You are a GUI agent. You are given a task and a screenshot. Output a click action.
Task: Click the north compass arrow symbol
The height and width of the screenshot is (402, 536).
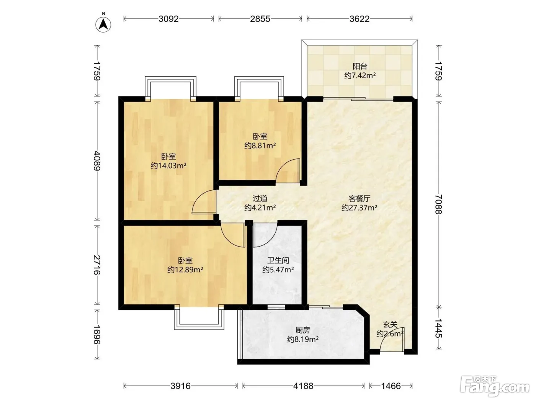(x=103, y=24)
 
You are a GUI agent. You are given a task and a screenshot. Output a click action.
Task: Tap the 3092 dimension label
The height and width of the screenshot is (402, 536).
(x=168, y=19)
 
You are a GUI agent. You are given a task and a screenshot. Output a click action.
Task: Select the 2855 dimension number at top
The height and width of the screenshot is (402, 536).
(x=260, y=19)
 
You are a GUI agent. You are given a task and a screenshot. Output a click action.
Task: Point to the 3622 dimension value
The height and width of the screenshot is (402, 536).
(x=360, y=19)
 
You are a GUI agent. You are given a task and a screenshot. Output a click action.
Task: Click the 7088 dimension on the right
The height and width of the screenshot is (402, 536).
(x=439, y=204)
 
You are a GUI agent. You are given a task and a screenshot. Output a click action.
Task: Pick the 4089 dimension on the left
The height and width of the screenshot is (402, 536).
(x=97, y=160)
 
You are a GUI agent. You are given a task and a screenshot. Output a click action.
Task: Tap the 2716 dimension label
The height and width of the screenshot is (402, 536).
(x=97, y=265)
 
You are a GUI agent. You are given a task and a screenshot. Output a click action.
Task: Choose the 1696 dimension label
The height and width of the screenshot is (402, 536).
(x=97, y=334)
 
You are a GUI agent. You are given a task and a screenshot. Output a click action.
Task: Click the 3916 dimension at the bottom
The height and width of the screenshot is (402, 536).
(x=180, y=386)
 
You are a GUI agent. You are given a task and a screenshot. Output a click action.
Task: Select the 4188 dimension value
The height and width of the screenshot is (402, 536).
(x=303, y=386)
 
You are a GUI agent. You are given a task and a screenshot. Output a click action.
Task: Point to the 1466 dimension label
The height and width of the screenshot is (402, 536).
(x=391, y=386)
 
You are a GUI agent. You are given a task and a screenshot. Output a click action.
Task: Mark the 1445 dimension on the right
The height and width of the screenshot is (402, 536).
(x=439, y=328)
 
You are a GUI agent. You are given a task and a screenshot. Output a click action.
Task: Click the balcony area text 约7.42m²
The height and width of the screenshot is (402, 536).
(x=360, y=75)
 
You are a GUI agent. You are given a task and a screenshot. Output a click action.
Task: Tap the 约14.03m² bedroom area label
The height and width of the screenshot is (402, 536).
(x=168, y=166)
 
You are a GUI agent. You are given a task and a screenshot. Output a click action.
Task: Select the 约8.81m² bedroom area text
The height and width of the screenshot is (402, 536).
(x=260, y=146)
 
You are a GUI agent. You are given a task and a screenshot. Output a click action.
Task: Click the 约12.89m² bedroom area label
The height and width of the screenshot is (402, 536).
(x=185, y=270)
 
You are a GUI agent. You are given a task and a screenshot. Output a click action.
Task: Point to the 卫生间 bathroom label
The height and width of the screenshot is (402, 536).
(x=278, y=260)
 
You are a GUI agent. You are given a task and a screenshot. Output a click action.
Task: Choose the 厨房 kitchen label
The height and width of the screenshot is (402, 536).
(x=303, y=330)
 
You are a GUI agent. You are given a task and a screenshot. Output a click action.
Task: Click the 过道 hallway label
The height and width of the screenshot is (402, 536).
(x=260, y=198)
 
